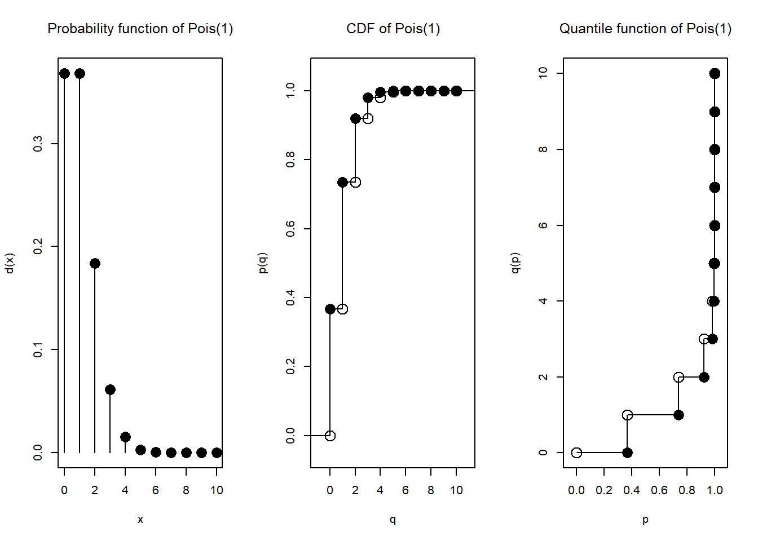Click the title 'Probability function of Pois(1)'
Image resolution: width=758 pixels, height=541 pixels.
pos(140,29)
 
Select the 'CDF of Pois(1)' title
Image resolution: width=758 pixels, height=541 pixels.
pos(393,29)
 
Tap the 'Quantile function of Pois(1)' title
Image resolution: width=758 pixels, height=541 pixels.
pos(645,29)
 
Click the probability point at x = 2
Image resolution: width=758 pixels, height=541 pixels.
pos(95,263)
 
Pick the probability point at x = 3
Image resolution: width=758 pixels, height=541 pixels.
pos(110,389)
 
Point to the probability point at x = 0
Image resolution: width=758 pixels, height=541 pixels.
pos(64,73)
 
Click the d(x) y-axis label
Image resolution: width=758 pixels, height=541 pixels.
pos(10,263)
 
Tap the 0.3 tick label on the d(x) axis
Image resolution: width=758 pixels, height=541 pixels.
pos(38,144)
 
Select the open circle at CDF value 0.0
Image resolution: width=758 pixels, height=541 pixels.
pos(330,436)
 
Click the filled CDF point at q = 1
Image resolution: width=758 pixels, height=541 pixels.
pos(342,182)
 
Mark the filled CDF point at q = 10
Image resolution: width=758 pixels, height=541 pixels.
pos(456,91)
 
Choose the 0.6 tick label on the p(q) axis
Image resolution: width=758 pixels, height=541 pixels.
pos(290,229)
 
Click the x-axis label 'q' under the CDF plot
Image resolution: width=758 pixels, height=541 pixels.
pos(393,520)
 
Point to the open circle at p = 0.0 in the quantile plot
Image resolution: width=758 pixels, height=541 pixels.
pos(576,453)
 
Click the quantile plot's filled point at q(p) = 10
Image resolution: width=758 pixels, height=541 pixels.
pos(715,73)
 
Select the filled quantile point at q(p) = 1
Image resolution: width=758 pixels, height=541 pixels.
pos(678,415)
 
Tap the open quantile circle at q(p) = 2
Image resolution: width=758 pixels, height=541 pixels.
pos(678,377)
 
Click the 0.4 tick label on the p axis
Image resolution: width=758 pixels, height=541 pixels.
pos(632,490)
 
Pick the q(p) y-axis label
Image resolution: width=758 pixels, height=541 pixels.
pos(515,263)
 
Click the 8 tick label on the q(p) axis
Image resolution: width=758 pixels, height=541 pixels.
pos(543,149)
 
